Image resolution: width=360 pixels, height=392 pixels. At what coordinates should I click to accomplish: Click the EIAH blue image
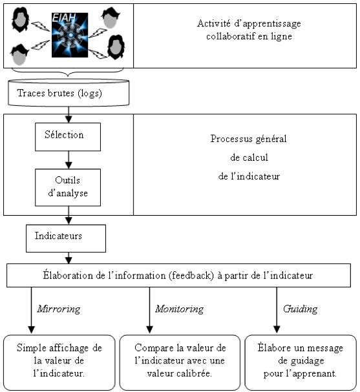[70, 35]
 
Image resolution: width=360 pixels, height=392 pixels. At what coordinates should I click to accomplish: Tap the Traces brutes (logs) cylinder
[69, 92]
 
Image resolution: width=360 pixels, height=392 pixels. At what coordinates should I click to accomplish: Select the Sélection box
[68, 137]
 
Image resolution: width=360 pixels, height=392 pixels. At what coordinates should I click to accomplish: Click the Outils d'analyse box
[68, 187]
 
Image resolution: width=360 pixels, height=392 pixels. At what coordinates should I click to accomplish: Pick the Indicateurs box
[66, 238]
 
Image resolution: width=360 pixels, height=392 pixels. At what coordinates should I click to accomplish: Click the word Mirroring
[59, 309]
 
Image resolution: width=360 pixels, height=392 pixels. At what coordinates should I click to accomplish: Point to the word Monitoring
[180, 309]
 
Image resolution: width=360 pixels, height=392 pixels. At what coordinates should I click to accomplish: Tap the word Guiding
[301, 309]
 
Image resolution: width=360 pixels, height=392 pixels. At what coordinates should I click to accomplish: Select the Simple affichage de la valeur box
[59, 362]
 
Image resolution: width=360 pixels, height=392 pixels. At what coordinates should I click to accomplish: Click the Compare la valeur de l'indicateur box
[180, 362]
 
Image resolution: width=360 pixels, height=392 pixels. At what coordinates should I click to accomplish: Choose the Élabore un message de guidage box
[301, 362]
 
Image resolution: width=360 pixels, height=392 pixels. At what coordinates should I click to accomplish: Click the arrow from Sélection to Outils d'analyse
[69, 160]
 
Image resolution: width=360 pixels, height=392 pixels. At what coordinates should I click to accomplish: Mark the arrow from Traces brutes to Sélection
[69, 114]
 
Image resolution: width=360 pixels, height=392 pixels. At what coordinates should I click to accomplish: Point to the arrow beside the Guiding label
[277, 310]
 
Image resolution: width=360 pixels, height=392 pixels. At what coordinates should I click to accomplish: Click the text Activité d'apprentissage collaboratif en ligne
[249, 30]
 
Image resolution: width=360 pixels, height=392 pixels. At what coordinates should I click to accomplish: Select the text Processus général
[248, 139]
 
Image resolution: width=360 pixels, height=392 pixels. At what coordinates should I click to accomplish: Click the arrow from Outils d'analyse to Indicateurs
[69, 215]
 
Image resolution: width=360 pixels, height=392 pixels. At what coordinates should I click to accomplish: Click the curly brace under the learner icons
[68, 72]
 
